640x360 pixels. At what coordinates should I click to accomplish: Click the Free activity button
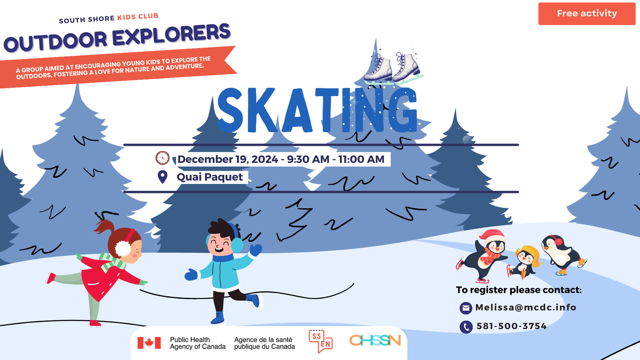pos(587,14)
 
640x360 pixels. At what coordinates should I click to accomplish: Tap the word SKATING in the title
pos(317,110)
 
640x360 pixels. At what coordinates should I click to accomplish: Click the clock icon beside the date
pos(162,158)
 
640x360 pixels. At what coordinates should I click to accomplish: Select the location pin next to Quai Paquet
pos(163,177)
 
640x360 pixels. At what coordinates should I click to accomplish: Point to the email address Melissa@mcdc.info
pos(526,307)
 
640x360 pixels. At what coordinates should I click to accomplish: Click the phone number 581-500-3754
pos(512,326)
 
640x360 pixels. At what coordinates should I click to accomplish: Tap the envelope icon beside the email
pos(466,308)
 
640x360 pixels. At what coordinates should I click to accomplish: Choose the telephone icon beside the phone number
pos(466,327)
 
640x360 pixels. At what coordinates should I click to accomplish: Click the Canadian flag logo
pos(149,343)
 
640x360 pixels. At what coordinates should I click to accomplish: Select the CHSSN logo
pos(375,340)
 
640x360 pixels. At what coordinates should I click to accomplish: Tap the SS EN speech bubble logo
pos(320,341)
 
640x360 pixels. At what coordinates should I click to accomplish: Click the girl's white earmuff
pos(123,248)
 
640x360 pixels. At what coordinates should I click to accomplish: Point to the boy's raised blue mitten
pos(256,250)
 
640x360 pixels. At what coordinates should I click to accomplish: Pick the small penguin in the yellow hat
pos(525,262)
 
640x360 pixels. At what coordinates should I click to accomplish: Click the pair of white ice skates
pos(393,68)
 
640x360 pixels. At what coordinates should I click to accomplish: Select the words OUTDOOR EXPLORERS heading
pos(117,38)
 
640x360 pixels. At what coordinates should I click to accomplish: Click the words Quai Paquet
pos(210,177)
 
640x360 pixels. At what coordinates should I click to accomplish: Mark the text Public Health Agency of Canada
pos(197,343)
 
